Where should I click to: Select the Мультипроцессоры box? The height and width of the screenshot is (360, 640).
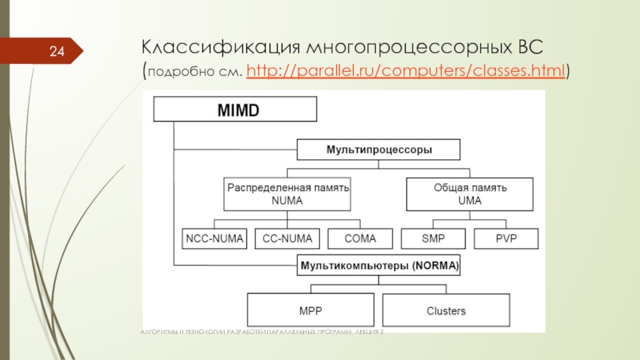(378, 150)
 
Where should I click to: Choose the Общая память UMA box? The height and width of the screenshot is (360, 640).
(470, 194)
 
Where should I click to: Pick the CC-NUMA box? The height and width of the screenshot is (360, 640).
(286, 238)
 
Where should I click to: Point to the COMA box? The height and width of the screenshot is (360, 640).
(360, 238)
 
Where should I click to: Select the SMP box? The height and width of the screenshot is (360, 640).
(433, 238)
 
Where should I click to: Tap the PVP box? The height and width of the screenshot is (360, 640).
(506, 238)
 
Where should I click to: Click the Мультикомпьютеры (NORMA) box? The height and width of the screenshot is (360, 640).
(378, 266)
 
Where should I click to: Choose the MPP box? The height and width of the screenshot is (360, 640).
(310, 310)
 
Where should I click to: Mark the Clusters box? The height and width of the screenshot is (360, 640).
(446, 310)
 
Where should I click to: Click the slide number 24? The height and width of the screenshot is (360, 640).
(57, 52)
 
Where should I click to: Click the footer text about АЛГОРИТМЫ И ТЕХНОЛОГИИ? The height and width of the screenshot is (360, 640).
(261, 330)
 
